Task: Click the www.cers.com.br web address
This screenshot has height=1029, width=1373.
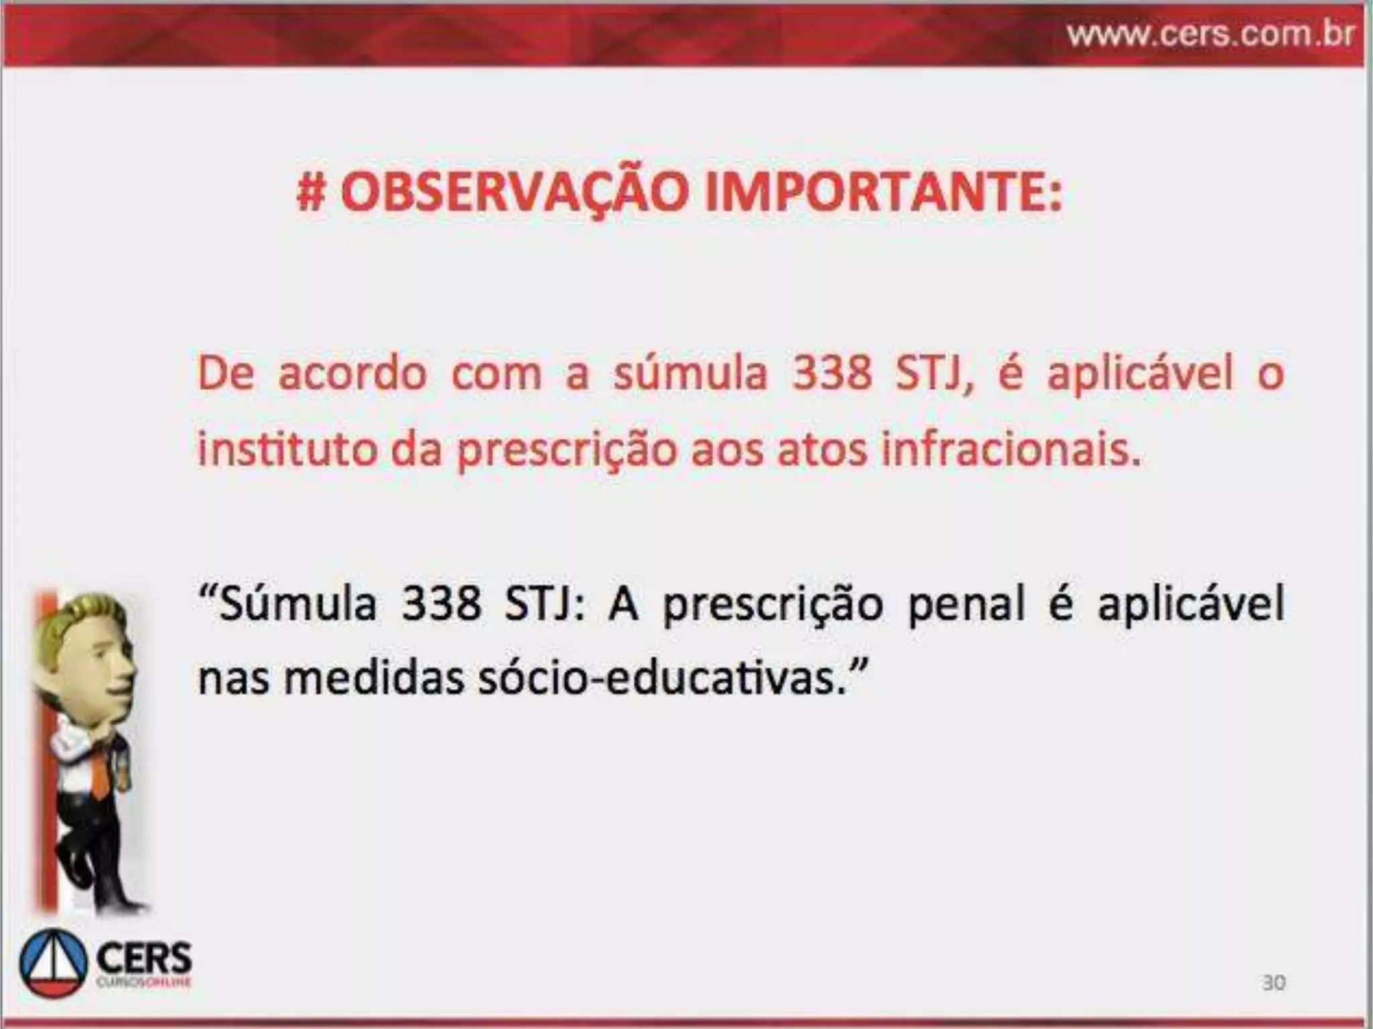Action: (1211, 33)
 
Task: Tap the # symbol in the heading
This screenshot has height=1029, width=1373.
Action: (312, 193)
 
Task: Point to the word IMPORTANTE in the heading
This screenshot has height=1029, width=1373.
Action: (884, 193)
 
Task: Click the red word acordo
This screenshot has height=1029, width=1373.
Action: (352, 374)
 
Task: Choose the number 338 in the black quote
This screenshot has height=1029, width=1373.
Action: (441, 603)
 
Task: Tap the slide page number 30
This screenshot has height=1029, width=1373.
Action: (1274, 983)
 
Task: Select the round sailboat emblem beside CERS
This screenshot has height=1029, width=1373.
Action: (54, 963)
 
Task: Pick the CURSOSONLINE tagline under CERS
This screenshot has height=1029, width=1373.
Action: (144, 982)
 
